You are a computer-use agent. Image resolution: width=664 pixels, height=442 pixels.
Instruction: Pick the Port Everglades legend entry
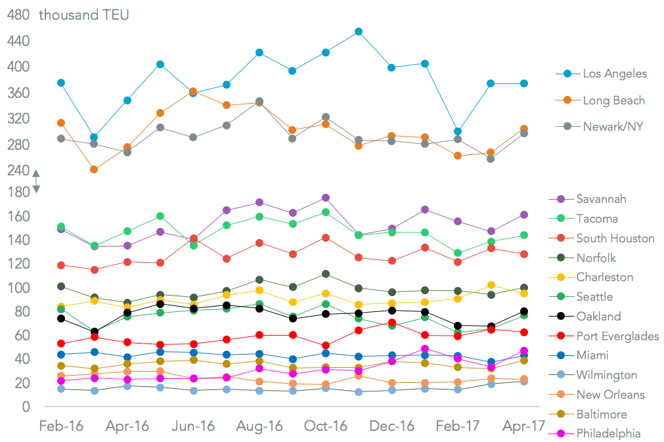click(x=617, y=336)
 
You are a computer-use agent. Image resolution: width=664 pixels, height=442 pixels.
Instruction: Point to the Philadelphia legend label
click(x=608, y=433)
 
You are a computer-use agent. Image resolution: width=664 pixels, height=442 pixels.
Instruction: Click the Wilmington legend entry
click(x=606, y=375)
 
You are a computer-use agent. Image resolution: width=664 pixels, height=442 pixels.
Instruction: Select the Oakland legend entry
click(x=598, y=317)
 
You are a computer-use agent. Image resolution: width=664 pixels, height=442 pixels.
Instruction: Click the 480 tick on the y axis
click(x=18, y=15)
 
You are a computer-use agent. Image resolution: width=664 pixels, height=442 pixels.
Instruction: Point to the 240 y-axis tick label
click(x=18, y=170)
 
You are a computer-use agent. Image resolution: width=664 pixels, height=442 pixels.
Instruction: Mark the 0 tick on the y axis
click(x=26, y=407)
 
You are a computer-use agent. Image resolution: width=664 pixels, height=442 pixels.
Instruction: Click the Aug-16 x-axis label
click(x=259, y=426)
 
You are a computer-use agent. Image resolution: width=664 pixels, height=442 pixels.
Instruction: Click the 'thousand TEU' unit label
click(x=83, y=15)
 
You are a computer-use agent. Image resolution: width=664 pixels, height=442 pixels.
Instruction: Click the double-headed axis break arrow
click(x=36, y=181)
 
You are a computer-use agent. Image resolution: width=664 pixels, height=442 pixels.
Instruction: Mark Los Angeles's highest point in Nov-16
click(x=359, y=32)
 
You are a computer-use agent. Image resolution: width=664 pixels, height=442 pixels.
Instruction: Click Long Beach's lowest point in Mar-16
click(x=95, y=169)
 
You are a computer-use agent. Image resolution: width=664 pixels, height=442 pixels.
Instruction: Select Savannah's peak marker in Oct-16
click(x=325, y=198)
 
